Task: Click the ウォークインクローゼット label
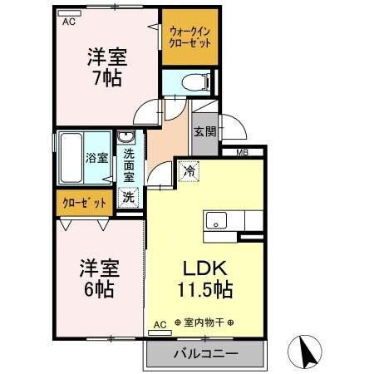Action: pos(189,37)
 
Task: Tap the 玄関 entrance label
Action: pos(204,130)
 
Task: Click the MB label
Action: pos(243,152)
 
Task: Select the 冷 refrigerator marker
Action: pos(188,170)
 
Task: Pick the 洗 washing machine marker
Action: pos(129,198)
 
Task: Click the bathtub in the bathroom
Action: pos(70,158)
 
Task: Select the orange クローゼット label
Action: pos(84,202)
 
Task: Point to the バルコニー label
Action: pos(205,353)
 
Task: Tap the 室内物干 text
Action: pos(203,322)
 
